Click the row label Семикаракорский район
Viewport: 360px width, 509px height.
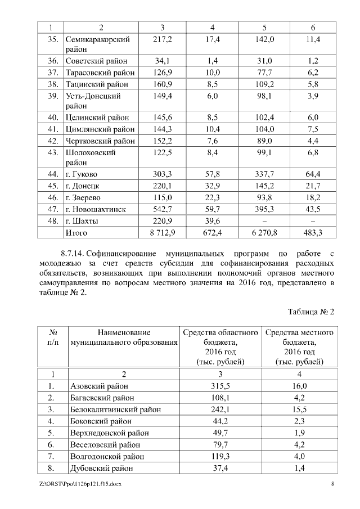pos(98,44)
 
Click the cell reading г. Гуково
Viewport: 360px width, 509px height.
pos(81,174)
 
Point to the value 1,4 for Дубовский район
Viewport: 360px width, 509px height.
pos(299,467)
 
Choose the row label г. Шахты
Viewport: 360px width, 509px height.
pos(82,220)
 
